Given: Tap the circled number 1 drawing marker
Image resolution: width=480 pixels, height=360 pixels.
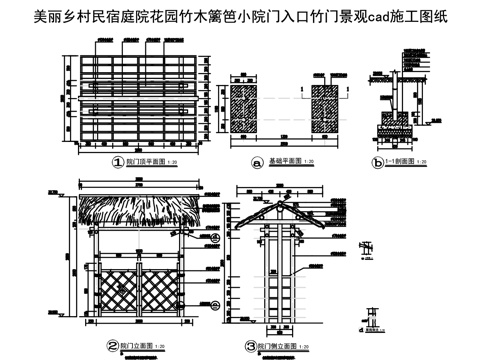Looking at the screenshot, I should click(117, 160).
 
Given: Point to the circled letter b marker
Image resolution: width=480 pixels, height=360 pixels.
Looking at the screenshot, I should click(377, 161).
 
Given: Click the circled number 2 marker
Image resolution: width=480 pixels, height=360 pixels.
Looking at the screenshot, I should click(112, 345).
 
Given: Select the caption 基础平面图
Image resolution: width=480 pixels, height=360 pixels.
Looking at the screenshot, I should click(284, 162).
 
